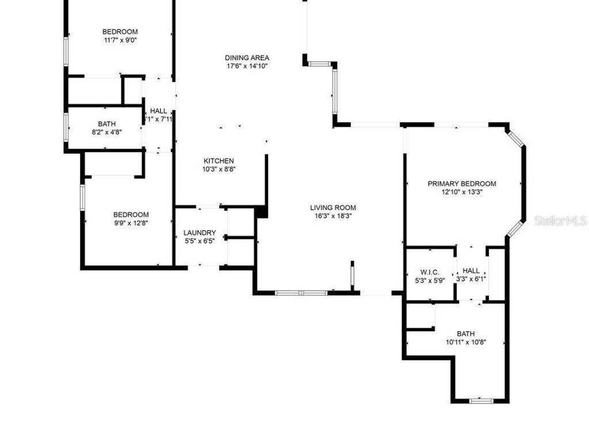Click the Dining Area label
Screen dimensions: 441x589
point(247,57)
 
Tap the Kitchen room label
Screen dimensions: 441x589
point(219,161)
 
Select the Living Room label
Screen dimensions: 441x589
point(333,208)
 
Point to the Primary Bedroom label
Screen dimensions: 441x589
point(461,184)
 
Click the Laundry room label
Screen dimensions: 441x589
point(200,233)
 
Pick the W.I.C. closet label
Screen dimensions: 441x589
point(430,272)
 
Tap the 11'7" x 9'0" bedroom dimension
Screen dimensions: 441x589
point(120,40)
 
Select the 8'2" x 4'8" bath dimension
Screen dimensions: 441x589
point(106,131)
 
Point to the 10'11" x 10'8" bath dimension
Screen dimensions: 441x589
point(466,342)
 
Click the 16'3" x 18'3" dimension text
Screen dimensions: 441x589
point(333,216)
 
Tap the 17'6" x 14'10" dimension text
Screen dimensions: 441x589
point(247,66)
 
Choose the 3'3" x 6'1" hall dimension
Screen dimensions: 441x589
point(471,279)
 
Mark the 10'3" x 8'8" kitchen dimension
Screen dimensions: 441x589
point(219,169)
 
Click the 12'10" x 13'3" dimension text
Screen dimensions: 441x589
point(461,192)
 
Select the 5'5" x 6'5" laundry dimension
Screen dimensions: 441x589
point(200,241)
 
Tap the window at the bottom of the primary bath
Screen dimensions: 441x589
point(481,400)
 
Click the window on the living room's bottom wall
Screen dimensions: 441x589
point(301,293)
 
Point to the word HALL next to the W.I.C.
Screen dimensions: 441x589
point(471,271)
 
